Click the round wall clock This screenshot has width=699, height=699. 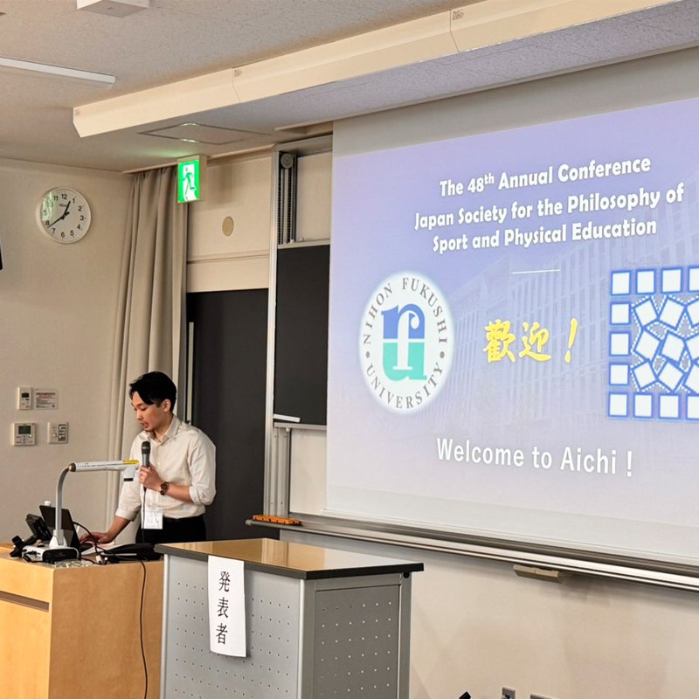[64, 215]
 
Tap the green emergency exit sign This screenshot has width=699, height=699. [189, 181]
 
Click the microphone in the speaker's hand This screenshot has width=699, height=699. [146, 453]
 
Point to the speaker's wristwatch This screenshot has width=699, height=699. [164, 488]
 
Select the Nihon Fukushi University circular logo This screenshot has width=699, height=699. [405, 341]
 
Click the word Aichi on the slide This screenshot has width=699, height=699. [588, 461]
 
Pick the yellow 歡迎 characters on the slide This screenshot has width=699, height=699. [516, 341]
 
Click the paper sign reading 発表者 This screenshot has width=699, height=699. [226, 606]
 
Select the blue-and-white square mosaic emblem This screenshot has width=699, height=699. [654, 343]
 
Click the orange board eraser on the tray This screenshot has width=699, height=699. [276, 520]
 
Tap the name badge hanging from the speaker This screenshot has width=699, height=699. [152, 517]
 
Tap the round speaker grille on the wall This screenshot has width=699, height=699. [228, 226]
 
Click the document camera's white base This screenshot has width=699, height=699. [51, 552]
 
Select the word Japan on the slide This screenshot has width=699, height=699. [434, 219]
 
